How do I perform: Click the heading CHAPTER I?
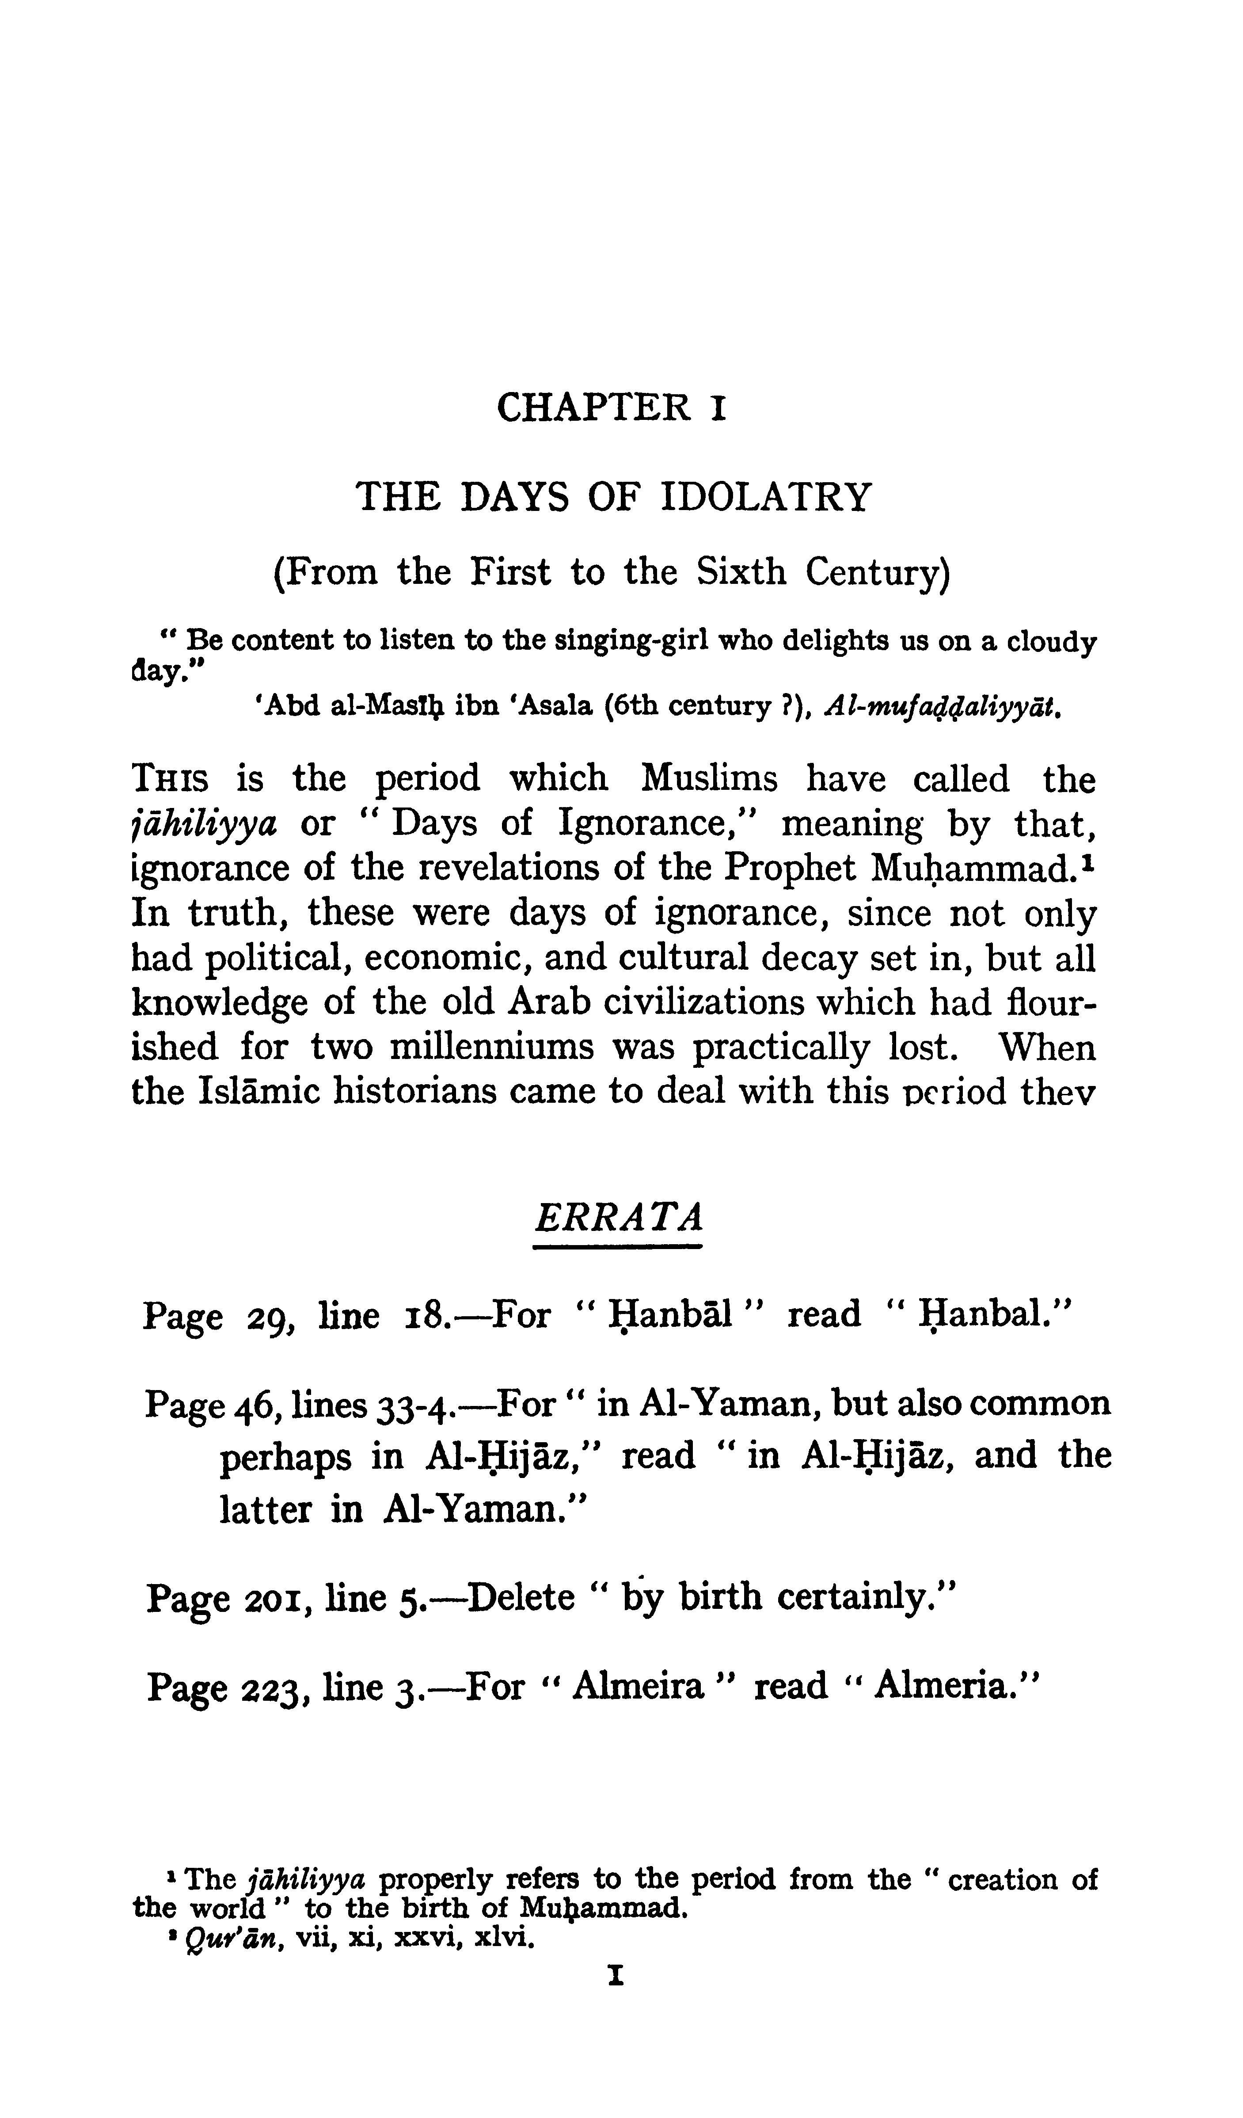click(611, 408)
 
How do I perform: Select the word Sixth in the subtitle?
click(741, 572)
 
